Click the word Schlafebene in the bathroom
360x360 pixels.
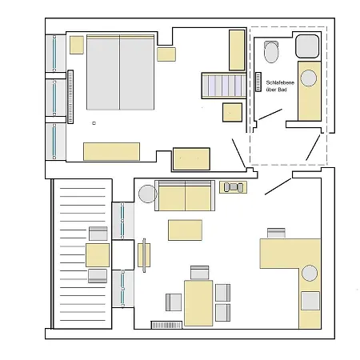[x=280, y=82]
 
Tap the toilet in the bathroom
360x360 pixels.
[x=271, y=52]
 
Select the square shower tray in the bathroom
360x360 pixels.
[x=307, y=46]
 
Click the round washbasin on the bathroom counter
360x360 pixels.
[x=309, y=78]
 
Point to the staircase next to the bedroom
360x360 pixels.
[x=224, y=86]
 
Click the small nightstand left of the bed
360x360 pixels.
[x=77, y=45]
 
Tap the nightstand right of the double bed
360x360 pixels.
[x=166, y=54]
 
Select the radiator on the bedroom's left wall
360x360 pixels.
[x=70, y=97]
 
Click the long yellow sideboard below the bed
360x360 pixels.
[x=111, y=151]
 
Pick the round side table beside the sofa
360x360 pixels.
[x=147, y=194]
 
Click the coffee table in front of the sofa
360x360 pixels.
[x=185, y=230]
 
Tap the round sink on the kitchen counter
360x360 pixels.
[x=310, y=273]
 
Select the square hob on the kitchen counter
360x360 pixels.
[x=310, y=301]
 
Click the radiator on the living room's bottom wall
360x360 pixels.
[x=166, y=325]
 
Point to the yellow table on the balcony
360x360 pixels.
[x=98, y=255]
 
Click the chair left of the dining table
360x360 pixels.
[x=174, y=302]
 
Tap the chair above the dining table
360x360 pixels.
[x=200, y=273]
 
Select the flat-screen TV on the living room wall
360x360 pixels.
[x=144, y=255]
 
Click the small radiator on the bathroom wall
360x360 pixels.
[x=258, y=82]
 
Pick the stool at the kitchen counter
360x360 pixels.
[x=276, y=233]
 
